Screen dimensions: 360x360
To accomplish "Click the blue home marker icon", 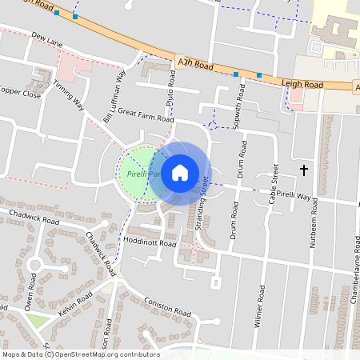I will click(180, 172).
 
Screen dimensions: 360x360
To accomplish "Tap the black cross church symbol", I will click(304, 170).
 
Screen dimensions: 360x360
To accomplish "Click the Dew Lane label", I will click(47, 38).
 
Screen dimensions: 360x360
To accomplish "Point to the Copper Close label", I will click(19, 93).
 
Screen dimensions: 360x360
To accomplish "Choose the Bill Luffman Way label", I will click(115, 97).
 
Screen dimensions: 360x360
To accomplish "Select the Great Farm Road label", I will click(145, 115).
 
